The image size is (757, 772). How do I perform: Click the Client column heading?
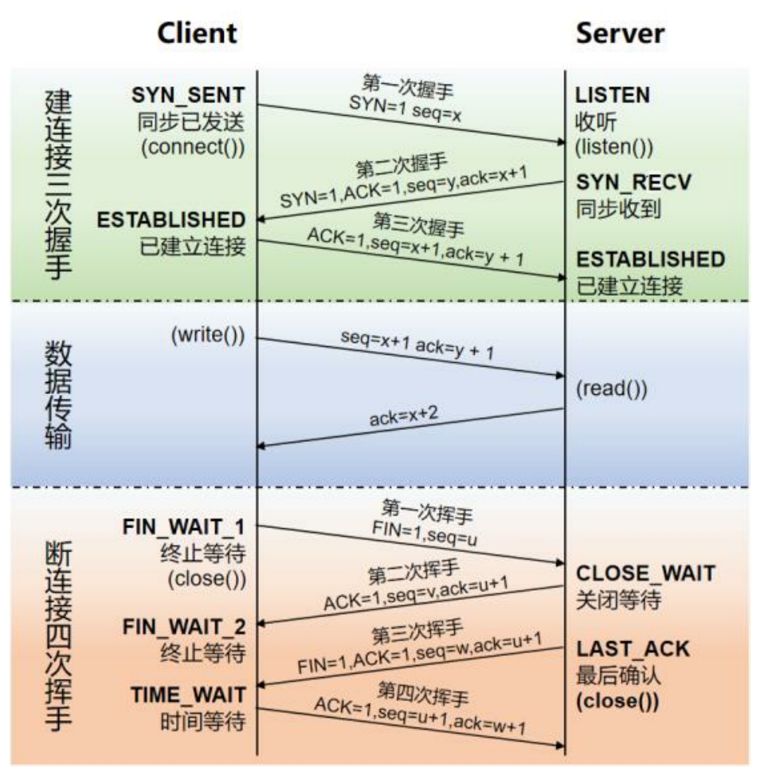(x=197, y=33)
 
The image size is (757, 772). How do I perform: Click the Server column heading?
(x=620, y=33)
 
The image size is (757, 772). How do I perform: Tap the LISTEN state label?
(x=613, y=95)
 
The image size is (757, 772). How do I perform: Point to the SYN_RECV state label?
(x=634, y=183)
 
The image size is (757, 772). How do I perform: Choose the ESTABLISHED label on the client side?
(x=171, y=220)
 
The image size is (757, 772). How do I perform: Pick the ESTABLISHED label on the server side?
(x=651, y=260)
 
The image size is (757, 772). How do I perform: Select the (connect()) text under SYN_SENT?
(x=197, y=148)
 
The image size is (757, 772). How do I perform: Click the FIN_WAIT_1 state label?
(x=184, y=527)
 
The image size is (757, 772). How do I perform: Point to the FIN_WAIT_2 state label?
(x=184, y=626)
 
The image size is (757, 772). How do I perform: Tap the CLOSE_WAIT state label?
(x=646, y=573)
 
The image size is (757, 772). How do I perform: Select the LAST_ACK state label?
(x=632, y=648)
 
